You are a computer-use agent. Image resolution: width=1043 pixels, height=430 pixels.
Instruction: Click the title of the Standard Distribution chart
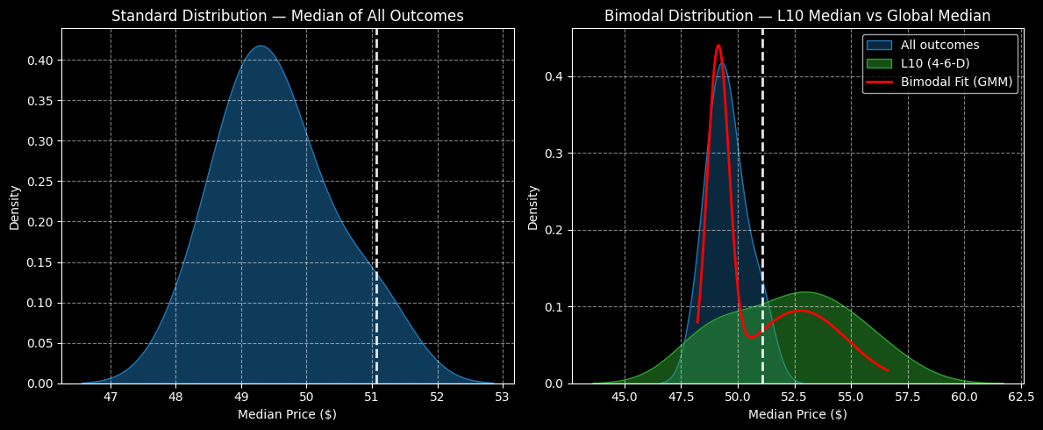point(288,16)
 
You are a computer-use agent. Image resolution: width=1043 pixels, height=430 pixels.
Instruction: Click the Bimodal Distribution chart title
point(797,16)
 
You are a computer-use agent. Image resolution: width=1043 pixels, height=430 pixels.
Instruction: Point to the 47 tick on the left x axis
point(111,397)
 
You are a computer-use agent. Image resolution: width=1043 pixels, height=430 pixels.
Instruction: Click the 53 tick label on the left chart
point(503,397)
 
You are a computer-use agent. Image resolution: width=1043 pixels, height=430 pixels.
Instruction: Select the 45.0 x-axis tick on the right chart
point(625,397)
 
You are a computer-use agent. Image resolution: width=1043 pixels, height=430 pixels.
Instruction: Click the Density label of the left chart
point(15,207)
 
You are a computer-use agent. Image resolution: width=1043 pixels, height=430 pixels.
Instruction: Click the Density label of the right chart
point(533,207)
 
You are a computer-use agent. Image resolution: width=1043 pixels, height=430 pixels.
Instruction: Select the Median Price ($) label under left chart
point(288,413)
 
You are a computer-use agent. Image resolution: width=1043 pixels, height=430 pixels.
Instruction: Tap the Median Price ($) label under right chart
point(797,413)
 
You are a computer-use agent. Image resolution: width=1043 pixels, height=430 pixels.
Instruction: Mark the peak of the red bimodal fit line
point(718,46)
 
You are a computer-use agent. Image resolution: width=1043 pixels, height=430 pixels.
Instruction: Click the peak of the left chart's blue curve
point(260,47)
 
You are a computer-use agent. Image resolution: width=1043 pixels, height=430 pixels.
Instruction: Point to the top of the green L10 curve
point(804,292)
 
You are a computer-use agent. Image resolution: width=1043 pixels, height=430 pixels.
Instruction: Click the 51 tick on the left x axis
point(372,397)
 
